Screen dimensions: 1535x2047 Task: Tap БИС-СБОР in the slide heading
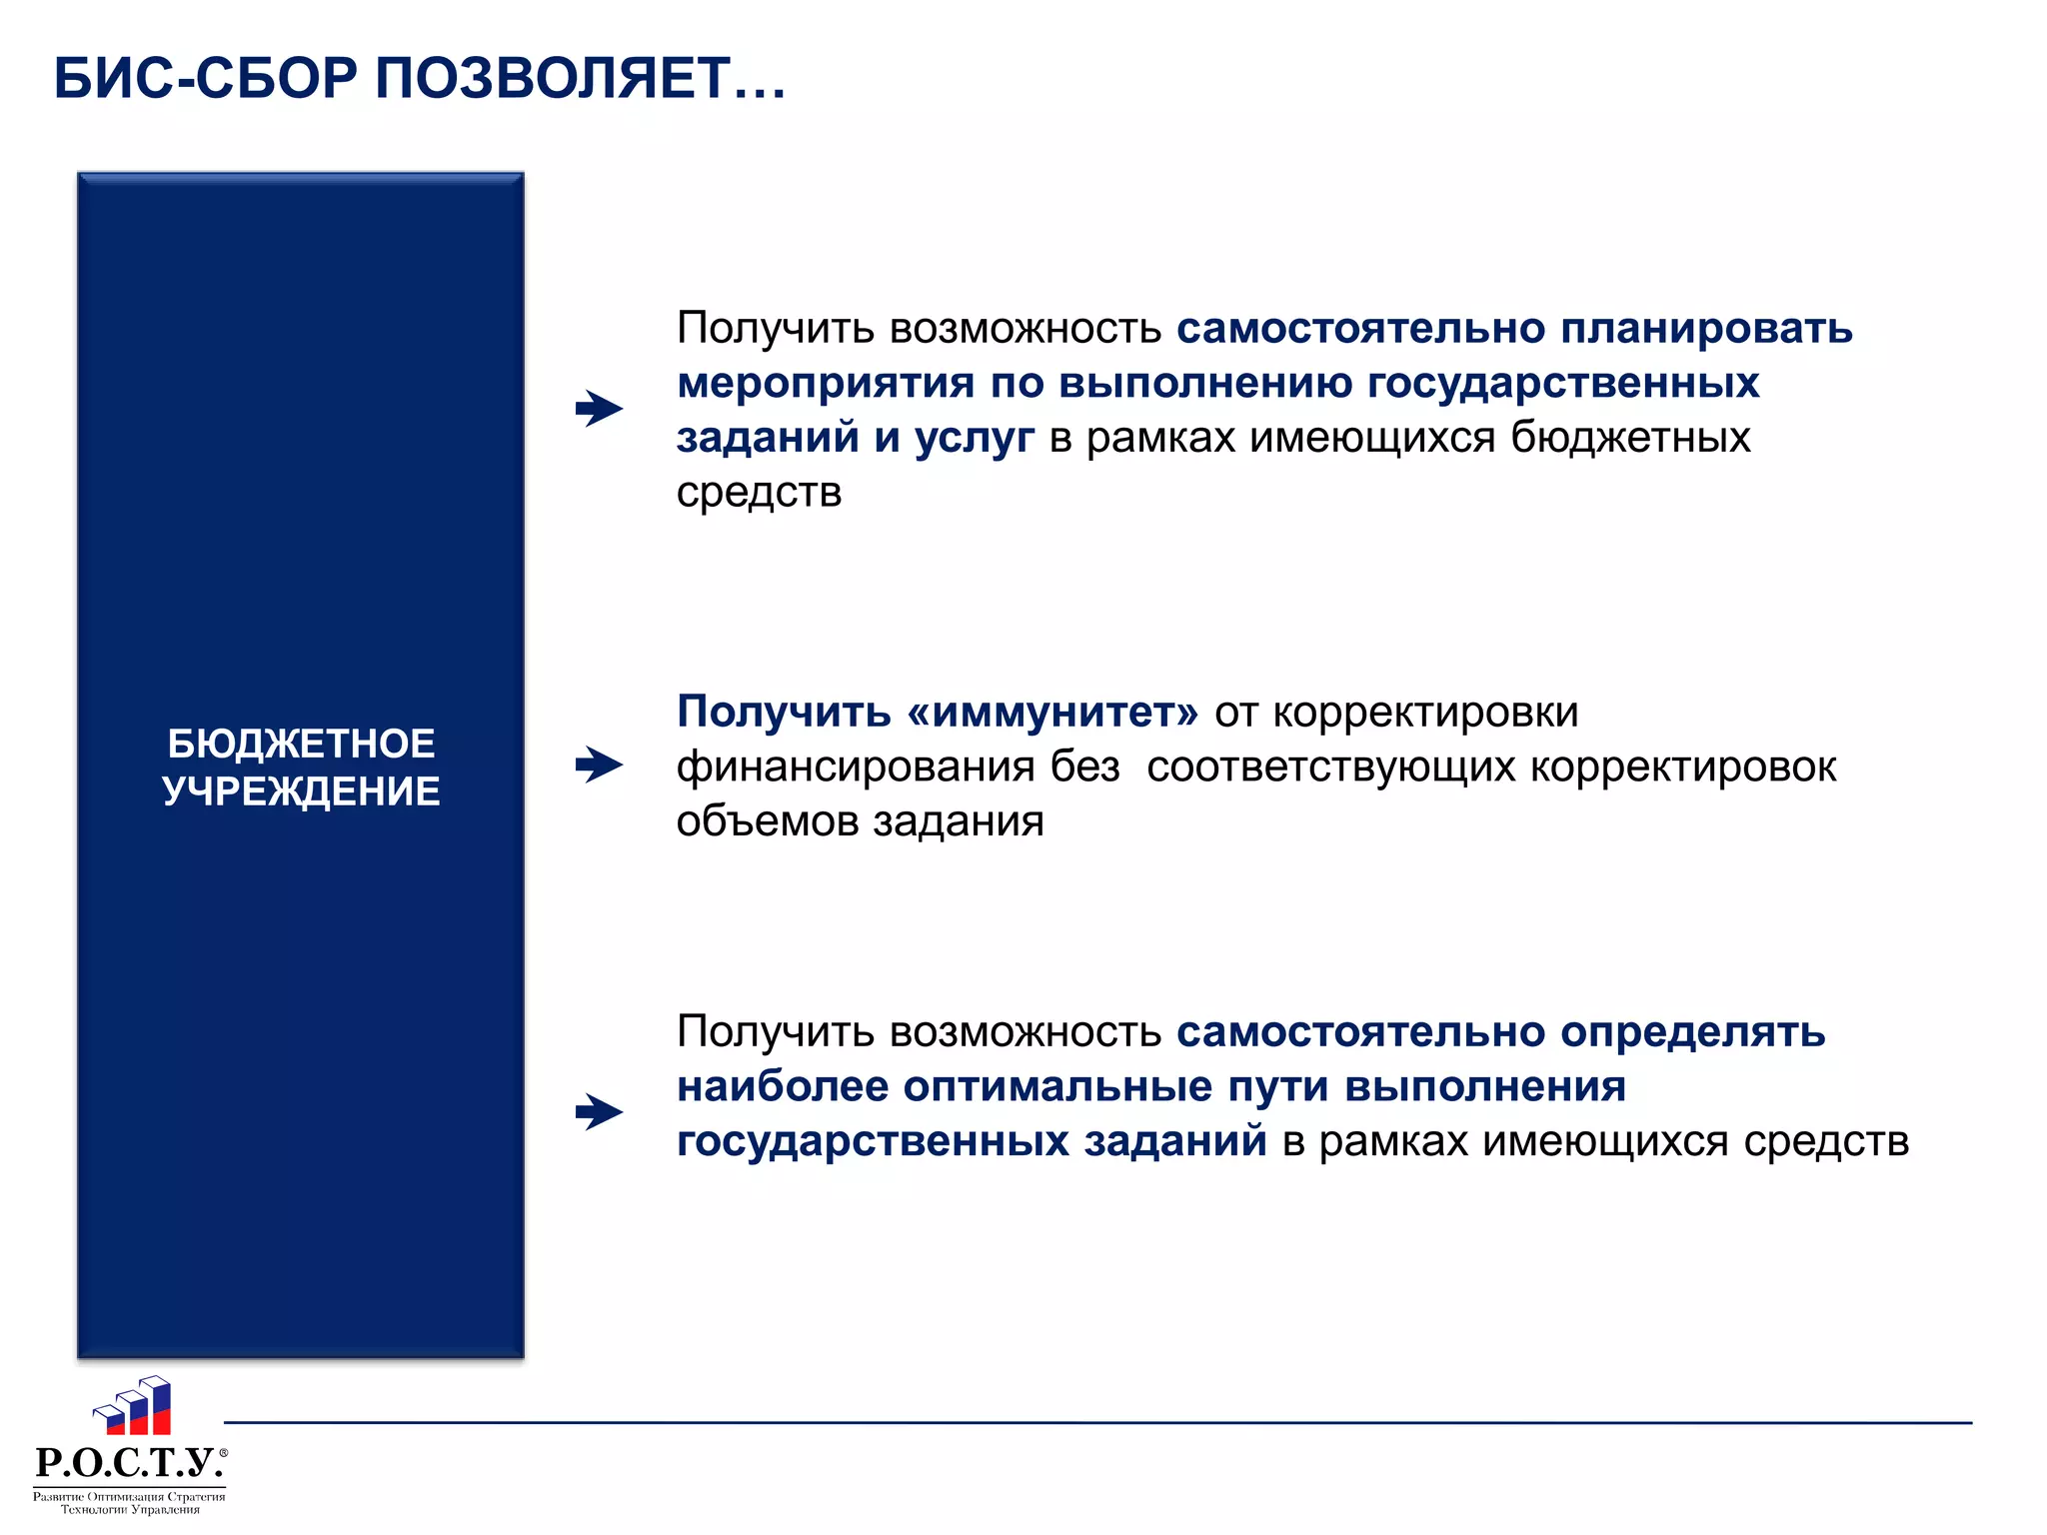[x=205, y=78]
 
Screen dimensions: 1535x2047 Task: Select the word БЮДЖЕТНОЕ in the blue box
[x=301, y=744]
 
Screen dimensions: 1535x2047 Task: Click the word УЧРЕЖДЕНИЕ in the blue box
[x=301, y=791]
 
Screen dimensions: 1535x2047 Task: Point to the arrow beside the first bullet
[x=600, y=408]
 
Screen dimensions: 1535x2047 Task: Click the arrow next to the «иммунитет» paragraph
[x=600, y=766]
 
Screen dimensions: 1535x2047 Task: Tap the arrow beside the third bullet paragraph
[x=600, y=1111]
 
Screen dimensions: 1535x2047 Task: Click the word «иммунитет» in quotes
[x=1052, y=712]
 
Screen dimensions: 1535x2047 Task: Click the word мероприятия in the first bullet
[x=826, y=384]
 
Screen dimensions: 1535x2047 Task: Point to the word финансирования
[x=856, y=767]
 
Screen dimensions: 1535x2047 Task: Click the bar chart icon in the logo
[x=134, y=1406]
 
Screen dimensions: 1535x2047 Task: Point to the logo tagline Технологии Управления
[x=130, y=1510]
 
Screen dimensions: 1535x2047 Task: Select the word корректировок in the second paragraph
[x=1682, y=767]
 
